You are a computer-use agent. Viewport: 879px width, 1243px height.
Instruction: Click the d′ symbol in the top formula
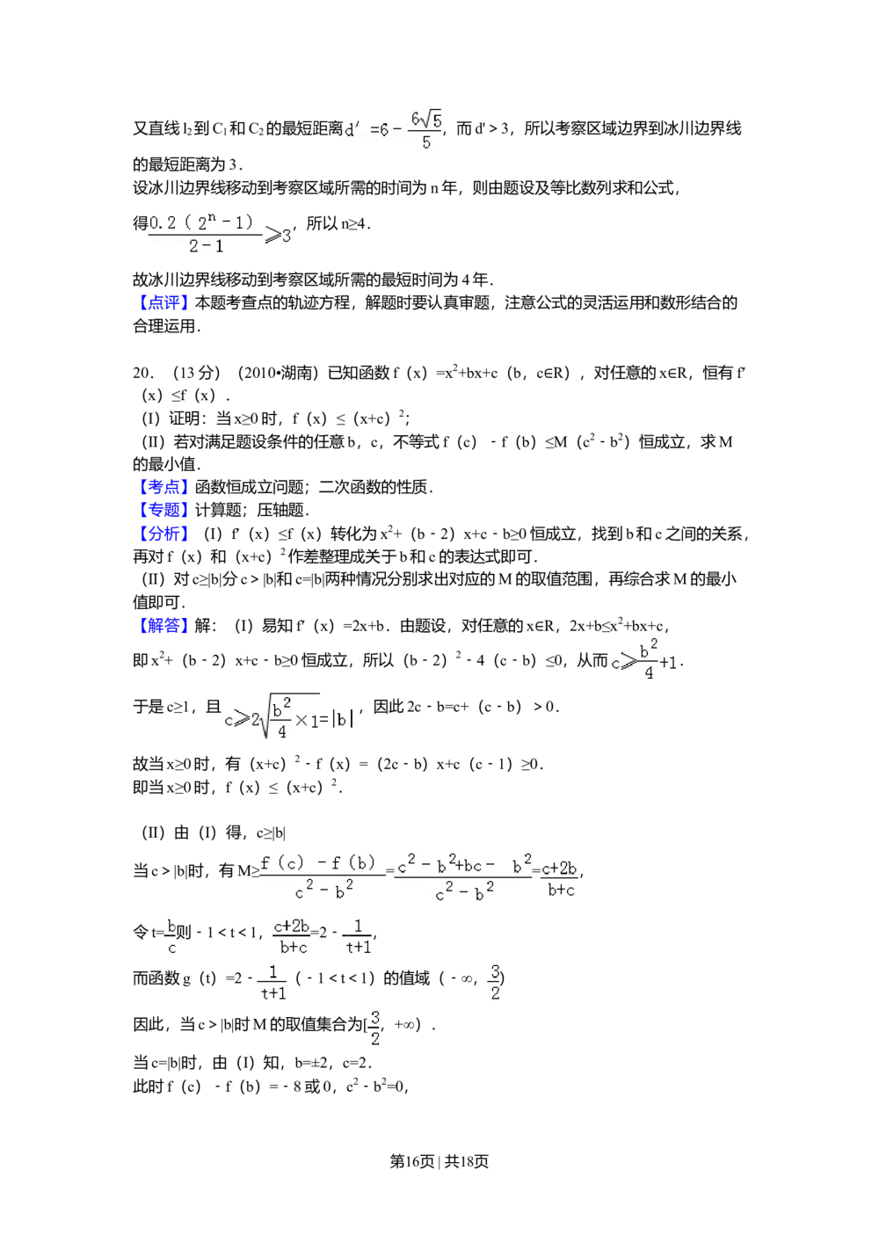pyautogui.click(x=352, y=130)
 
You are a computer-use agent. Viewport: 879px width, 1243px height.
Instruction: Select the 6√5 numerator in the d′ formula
pyautogui.click(x=426, y=119)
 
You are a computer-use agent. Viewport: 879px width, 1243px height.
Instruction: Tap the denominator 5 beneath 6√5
pyautogui.click(x=426, y=143)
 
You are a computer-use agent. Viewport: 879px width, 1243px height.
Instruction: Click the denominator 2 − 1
pyautogui.click(x=206, y=247)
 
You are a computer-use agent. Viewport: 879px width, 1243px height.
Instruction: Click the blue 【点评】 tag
pyautogui.click(x=165, y=303)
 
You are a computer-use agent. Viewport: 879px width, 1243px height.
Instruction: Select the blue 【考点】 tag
pyautogui.click(x=165, y=488)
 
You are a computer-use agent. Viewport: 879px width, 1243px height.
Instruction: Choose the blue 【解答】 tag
pyautogui.click(x=165, y=627)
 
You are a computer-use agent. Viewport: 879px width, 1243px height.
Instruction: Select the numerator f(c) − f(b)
pyautogui.click(x=318, y=862)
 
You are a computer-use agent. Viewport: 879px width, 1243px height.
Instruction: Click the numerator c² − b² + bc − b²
pyautogui.click(x=464, y=866)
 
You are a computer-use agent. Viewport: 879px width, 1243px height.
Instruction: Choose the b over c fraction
pyautogui.click(x=171, y=936)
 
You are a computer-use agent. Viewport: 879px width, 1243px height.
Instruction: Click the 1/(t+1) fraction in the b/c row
pyautogui.click(x=358, y=936)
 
